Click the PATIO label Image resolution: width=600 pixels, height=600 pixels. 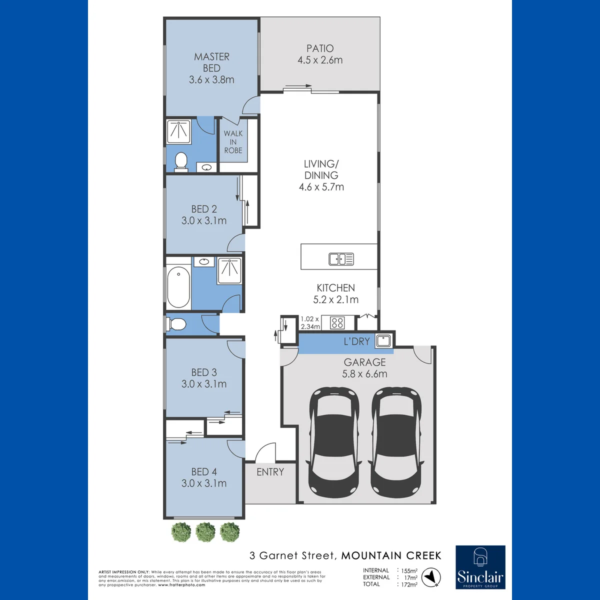click(x=320, y=48)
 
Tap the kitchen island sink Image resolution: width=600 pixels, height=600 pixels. click(x=341, y=259)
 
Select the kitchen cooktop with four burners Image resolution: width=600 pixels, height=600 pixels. click(x=337, y=322)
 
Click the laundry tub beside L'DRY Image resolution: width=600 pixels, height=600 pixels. click(x=383, y=341)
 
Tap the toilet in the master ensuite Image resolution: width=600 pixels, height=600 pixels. click(x=181, y=162)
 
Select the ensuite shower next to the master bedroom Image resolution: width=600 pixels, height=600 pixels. click(x=178, y=131)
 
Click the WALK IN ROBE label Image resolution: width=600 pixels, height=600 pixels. click(x=233, y=142)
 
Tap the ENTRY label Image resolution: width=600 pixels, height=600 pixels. click(x=270, y=472)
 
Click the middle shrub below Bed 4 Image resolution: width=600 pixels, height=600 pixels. click(x=205, y=532)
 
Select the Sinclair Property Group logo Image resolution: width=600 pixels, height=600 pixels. click(x=480, y=571)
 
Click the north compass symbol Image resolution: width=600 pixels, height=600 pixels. click(x=431, y=577)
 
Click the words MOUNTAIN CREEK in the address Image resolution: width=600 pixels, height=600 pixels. click(x=391, y=555)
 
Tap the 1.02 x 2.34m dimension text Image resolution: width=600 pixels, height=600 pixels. click(x=310, y=323)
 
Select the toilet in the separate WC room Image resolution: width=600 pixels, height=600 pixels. click(x=176, y=324)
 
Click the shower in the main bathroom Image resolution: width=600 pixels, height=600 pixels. click(x=229, y=270)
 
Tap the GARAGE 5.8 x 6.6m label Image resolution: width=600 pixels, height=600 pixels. click(x=364, y=367)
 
